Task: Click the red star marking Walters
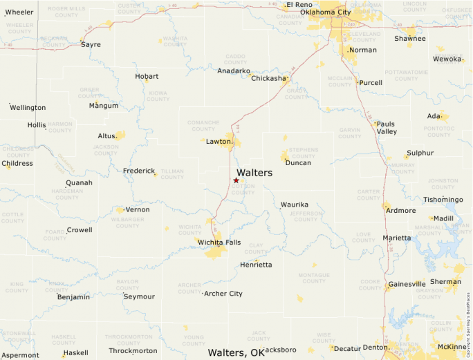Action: [236, 180]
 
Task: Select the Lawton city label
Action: [219, 142]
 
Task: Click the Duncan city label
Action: [298, 163]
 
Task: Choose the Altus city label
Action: [107, 136]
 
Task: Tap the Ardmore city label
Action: [401, 211]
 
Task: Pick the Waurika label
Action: [294, 205]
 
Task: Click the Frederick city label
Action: [139, 171]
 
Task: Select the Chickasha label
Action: [268, 79]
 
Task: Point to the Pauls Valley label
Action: [386, 128]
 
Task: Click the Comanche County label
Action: [203, 126]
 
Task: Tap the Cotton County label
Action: [243, 189]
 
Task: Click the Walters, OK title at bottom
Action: [236, 353]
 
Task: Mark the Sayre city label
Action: [91, 45]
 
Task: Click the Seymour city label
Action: [140, 296]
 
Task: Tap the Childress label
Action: [17, 164]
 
